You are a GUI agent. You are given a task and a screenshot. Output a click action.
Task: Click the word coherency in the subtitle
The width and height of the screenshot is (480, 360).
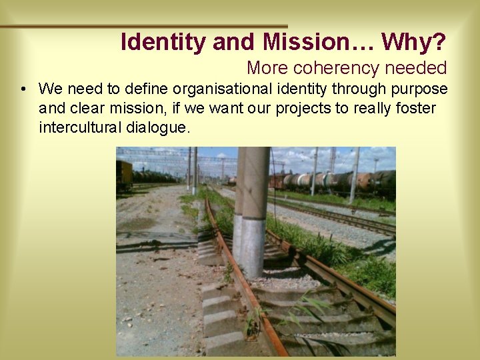click(x=330, y=68)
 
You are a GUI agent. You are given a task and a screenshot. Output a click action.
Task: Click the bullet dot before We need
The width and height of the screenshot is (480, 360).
click(x=23, y=89)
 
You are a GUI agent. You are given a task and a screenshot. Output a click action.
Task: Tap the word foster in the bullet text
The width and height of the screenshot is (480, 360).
click(x=416, y=108)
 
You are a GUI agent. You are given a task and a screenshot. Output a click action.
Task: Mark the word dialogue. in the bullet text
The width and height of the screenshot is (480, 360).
click(x=157, y=127)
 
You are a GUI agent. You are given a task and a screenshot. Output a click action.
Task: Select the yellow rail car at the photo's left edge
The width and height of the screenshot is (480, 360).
click(x=124, y=175)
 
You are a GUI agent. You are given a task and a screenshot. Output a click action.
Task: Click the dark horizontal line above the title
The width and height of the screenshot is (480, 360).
click(x=143, y=26)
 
